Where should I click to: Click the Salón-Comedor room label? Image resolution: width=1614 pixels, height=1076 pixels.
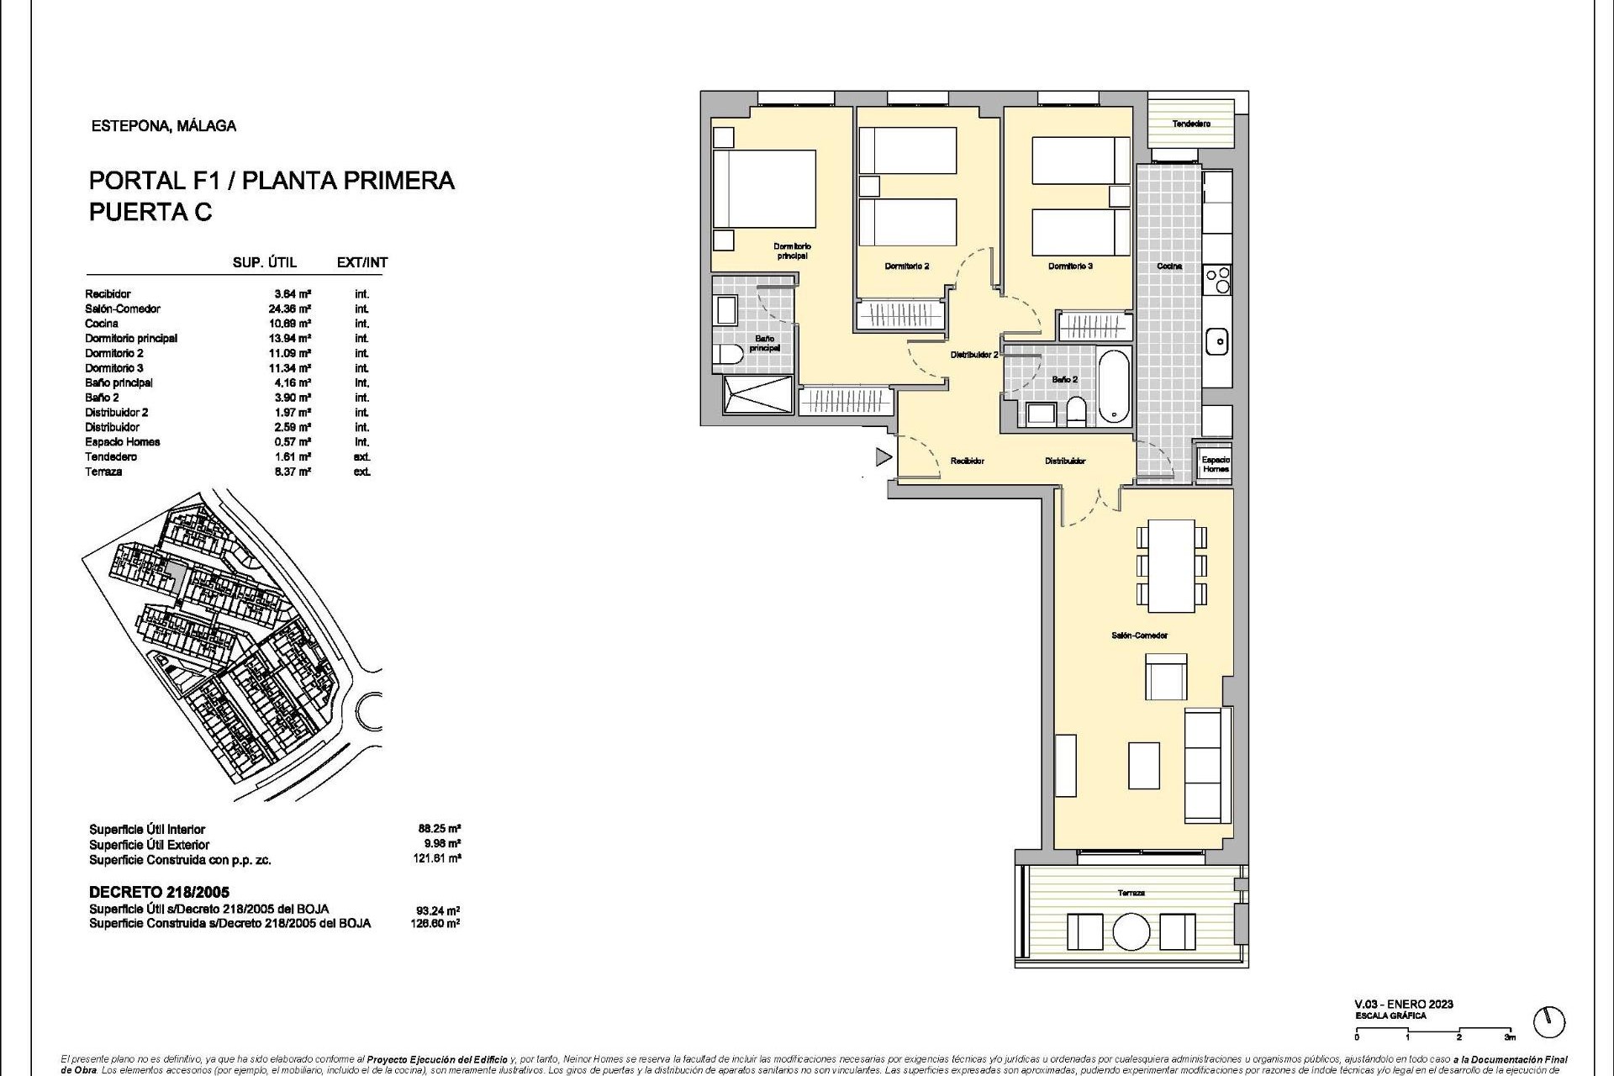pos(1139,636)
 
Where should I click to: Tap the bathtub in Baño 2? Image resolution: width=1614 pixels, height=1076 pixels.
pos(1114,388)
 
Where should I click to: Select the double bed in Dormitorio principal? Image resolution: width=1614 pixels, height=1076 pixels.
pos(764,189)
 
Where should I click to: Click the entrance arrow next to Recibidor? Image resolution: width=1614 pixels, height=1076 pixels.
pos(883,457)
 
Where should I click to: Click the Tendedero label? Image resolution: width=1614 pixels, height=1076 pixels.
pos(1191,124)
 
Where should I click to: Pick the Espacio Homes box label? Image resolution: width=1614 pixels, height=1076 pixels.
pos(1215,464)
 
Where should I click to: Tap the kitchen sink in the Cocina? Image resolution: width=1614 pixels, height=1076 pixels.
pos(1216,342)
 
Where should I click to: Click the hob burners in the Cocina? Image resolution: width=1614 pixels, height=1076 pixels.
pos(1216,279)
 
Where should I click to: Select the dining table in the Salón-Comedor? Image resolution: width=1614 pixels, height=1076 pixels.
pos(1171,566)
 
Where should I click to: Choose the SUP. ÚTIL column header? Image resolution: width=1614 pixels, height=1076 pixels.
pos(265,262)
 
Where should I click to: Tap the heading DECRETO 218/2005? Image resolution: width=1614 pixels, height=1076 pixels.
pos(159,892)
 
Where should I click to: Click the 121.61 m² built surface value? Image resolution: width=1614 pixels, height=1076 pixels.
pos(440,859)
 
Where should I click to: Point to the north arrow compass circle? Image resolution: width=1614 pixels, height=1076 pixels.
pos(1548,1022)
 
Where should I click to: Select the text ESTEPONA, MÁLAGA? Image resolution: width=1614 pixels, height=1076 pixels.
pos(163,126)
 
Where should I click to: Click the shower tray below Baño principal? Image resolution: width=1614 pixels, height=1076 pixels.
pos(757,395)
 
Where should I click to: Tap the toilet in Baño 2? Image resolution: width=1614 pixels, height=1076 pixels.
pos(1074,411)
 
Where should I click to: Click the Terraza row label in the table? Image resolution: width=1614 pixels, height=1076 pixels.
pos(103,472)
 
